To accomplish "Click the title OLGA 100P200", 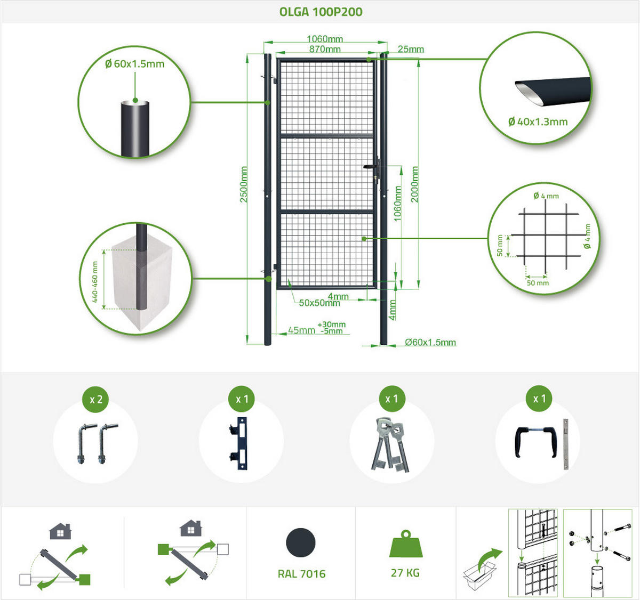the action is (321, 12).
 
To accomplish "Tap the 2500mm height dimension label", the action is (244, 184).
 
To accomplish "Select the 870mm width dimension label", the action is (325, 49).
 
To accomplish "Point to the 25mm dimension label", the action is (411, 49).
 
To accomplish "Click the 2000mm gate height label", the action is (415, 184).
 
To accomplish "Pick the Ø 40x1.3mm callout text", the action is (538, 121).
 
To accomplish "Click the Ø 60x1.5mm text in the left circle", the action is (135, 64).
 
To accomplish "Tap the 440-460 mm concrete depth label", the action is (95, 282).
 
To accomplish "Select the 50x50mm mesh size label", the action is (319, 303).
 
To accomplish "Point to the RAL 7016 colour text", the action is (302, 574).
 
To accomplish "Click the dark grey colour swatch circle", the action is (301, 542).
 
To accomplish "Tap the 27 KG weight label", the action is (405, 573).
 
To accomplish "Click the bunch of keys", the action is (390, 445).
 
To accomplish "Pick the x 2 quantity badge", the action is (96, 399).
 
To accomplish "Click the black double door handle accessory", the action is (536, 442).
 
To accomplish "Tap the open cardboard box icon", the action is (479, 575).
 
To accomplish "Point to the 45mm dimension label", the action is (301, 330).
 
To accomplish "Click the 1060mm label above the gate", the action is (325, 39).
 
